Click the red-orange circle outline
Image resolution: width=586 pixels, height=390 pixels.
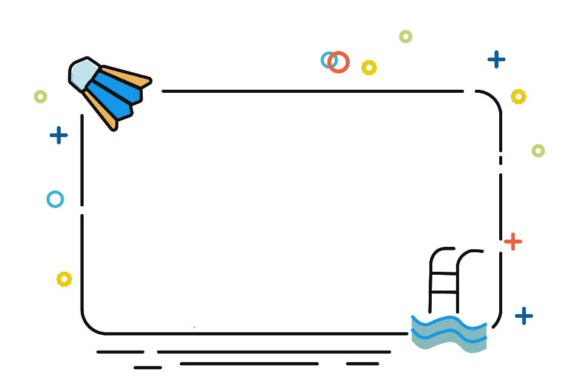click(339, 62)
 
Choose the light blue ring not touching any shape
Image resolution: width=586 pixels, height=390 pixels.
click(55, 200)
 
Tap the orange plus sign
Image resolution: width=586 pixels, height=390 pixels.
click(513, 241)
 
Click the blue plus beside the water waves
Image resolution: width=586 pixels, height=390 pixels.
click(524, 315)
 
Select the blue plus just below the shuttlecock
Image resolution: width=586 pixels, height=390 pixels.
click(59, 135)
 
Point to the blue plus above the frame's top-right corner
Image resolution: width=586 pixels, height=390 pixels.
click(497, 59)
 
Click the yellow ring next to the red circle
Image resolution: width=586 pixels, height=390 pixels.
click(369, 67)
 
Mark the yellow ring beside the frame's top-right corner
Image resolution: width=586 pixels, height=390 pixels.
click(518, 96)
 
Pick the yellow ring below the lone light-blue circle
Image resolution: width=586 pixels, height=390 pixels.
click(64, 279)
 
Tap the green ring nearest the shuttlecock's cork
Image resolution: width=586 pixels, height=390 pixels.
click(41, 96)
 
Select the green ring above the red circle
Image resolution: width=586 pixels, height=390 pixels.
click(406, 36)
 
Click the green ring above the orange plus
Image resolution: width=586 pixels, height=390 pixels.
click(538, 150)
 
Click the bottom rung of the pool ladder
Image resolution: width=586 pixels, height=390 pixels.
click(445, 293)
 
